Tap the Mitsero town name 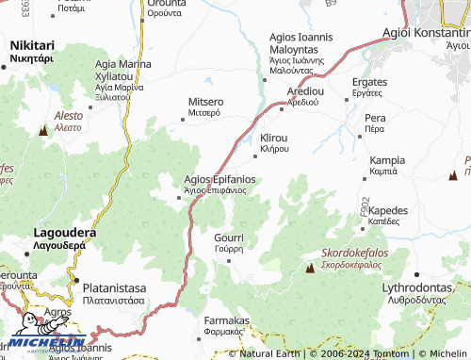click(x=205, y=101)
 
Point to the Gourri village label click(x=229, y=238)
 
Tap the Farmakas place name click(x=226, y=320)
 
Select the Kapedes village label click(x=388, y=210)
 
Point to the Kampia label click(x=388, y=160)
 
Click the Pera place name click(x=375, y=118)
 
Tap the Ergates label click(x=369, y=81)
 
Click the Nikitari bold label click(x=32, y=44)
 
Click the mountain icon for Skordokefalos click(x=310, y=269)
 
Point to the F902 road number click(x=365, y=205)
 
